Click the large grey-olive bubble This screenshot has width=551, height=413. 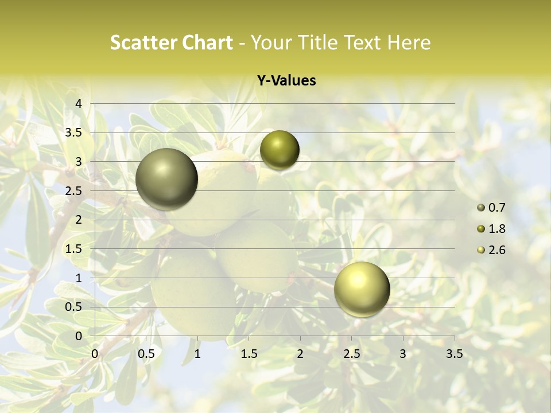(167, 179)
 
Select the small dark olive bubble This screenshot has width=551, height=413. (280, 150)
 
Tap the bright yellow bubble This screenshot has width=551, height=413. (362, 289)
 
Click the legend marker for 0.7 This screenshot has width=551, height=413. (481, 208)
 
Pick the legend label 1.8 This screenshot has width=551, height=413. (496, 229)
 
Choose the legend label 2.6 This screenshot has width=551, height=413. (496, 250)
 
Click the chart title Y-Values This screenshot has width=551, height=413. (286, 81)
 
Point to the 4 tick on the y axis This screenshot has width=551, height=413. (79, 104)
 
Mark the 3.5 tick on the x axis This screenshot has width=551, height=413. (455, 354)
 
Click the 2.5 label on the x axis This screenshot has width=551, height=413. (352, 354)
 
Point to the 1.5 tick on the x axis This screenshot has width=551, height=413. (249, 354)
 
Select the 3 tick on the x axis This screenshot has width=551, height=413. (403, 354)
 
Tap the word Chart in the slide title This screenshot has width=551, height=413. (208, 42)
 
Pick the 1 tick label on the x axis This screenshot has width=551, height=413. (197, 354)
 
